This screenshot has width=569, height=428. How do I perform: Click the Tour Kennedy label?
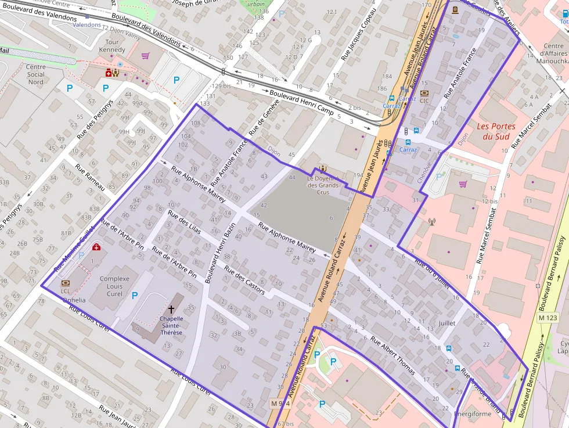point(112,46)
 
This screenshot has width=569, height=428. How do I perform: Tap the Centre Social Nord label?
point(36,74)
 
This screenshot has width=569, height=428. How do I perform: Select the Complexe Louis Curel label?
point(114,286)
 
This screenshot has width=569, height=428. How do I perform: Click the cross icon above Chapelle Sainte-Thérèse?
point(171,310)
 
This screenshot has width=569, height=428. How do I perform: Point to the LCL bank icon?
point(65,283)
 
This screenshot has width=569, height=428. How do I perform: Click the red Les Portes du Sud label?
point(492,131)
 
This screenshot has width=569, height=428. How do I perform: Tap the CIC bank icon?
point(424,93)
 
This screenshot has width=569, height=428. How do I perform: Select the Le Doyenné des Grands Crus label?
point(323,185)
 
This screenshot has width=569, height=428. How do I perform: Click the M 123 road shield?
point(548,318)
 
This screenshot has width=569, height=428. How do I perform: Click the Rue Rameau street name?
point(89,177)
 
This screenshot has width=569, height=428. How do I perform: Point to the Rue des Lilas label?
point(184,222)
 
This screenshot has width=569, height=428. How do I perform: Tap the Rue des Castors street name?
point(244,280)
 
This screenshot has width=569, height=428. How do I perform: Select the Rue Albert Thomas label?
point(392,355)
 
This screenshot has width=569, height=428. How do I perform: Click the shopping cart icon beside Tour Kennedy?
point(145,56)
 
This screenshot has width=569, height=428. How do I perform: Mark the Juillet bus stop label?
point(447,323)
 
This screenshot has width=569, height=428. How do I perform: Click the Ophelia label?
point(74,300)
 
